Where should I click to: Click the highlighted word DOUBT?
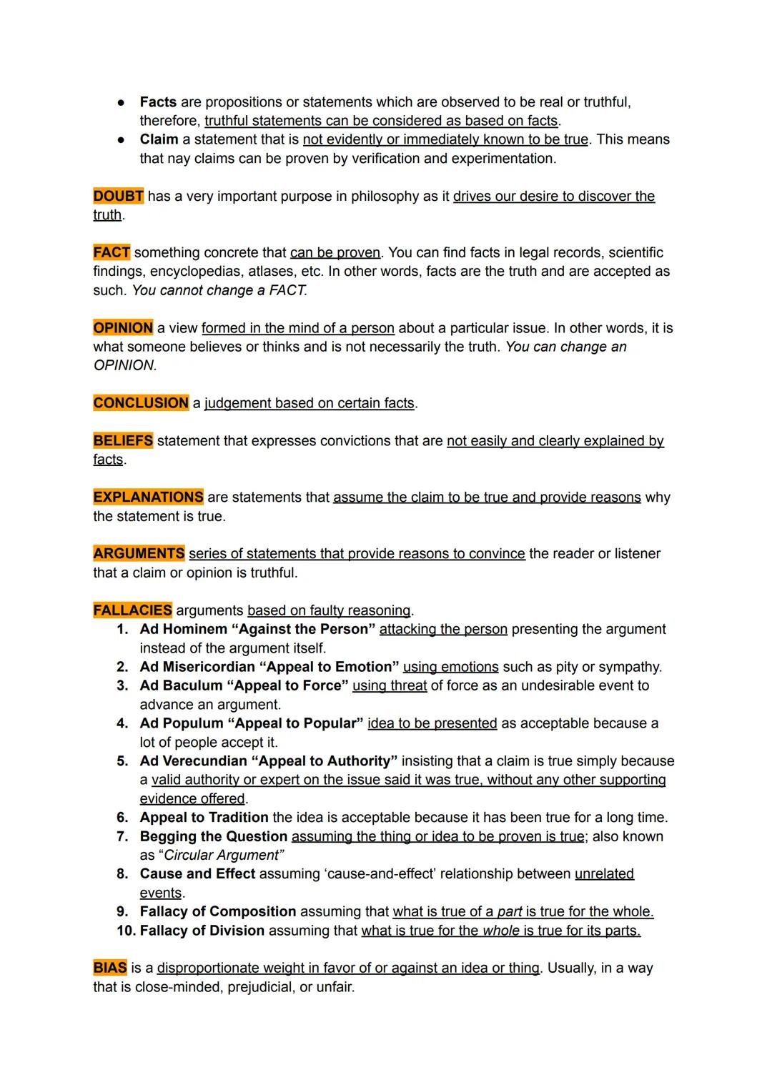click(118, 196)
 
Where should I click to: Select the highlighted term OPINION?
click(123, 328)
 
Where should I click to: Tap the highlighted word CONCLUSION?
click(141, 403)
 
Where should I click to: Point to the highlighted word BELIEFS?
click(123, 441)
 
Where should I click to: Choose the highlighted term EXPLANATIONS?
click(148, 497)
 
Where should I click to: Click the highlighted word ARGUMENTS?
click(139, 554)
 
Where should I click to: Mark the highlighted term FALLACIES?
click(132, 610)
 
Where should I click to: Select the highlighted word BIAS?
click(110, 968)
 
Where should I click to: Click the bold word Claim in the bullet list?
click(159, 139)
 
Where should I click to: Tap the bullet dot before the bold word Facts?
click(121, 102)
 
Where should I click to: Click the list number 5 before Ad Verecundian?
click(122, 761)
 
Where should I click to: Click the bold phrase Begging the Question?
click(214, 836)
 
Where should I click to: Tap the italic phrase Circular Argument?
click(223, 856)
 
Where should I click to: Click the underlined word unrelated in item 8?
click(604, 874)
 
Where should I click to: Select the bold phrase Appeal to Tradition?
click(204, 818)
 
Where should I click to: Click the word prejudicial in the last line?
click(262, 987)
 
